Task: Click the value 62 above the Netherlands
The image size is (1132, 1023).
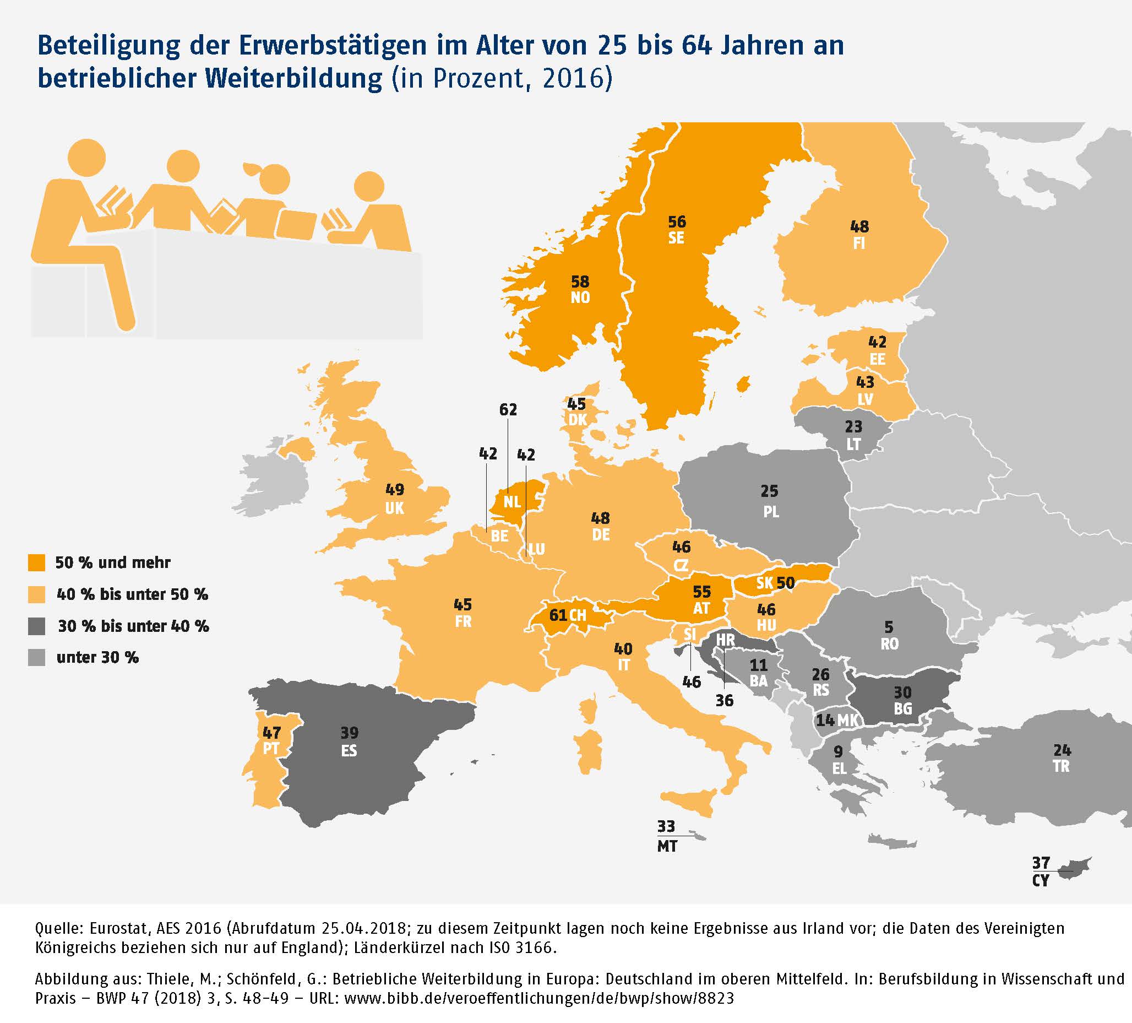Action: tap(508, 409)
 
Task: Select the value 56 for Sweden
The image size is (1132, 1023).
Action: tap(677, 221)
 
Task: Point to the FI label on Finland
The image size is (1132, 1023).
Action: tap(858, 244)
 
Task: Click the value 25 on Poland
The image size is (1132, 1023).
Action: tap(769, 491)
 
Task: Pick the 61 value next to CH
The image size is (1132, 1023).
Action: tap(558, 615)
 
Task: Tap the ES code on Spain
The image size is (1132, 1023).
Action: tap(349, 750)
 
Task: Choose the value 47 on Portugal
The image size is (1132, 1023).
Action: tap(272, 733)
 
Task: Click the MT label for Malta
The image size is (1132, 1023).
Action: tap(667, 847)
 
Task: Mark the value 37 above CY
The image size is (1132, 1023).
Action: tap(1041, 862)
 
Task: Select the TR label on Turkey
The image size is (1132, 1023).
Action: tap(1062, 766)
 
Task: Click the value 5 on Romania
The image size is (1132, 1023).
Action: tap(889, 626)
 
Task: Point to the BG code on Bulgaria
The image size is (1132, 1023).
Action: tap(903, 708)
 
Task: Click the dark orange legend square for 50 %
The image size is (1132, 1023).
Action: tap(36, 562)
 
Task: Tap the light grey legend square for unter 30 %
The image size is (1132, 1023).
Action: tap(36, 658)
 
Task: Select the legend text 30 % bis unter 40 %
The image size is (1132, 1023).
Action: tap(134, 626)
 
